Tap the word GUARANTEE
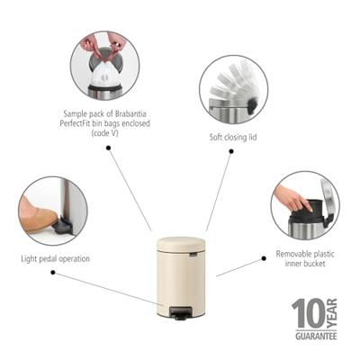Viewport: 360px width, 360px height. click(x=314, y=335)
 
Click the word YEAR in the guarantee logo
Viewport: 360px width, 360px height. click(x=329, y=313)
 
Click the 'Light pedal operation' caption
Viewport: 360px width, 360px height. click(x=55, y=258)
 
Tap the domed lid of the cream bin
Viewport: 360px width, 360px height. click(x=181, y=244)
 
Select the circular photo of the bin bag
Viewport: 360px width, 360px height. click(x=104, y=65)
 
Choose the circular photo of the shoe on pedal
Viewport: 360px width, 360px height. click(x=52, y=211)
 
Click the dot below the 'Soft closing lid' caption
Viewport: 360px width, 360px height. click(x=231, y=151)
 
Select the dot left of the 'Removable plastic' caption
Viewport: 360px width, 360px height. click(x=264, y=257)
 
